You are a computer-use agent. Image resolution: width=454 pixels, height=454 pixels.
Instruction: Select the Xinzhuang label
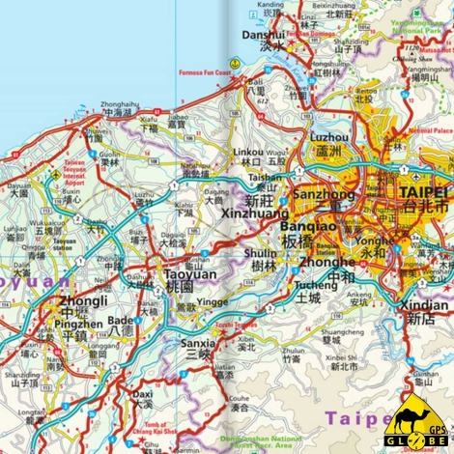(257, 213)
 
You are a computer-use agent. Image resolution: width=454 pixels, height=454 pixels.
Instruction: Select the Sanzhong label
(318, 192)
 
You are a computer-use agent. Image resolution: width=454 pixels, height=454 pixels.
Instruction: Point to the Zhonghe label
(327, 261)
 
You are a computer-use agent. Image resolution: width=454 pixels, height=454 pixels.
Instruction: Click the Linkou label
(248, 153)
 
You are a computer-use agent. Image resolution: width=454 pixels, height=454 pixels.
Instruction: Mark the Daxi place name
(143, 395)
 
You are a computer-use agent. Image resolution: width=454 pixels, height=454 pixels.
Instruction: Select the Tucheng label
(309, 285)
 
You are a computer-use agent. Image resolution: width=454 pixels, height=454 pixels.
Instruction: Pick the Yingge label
(213, 300)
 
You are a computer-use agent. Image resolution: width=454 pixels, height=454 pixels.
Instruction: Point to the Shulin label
(262, 253)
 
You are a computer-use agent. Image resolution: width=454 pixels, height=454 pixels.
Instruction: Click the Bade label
(121, 320)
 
